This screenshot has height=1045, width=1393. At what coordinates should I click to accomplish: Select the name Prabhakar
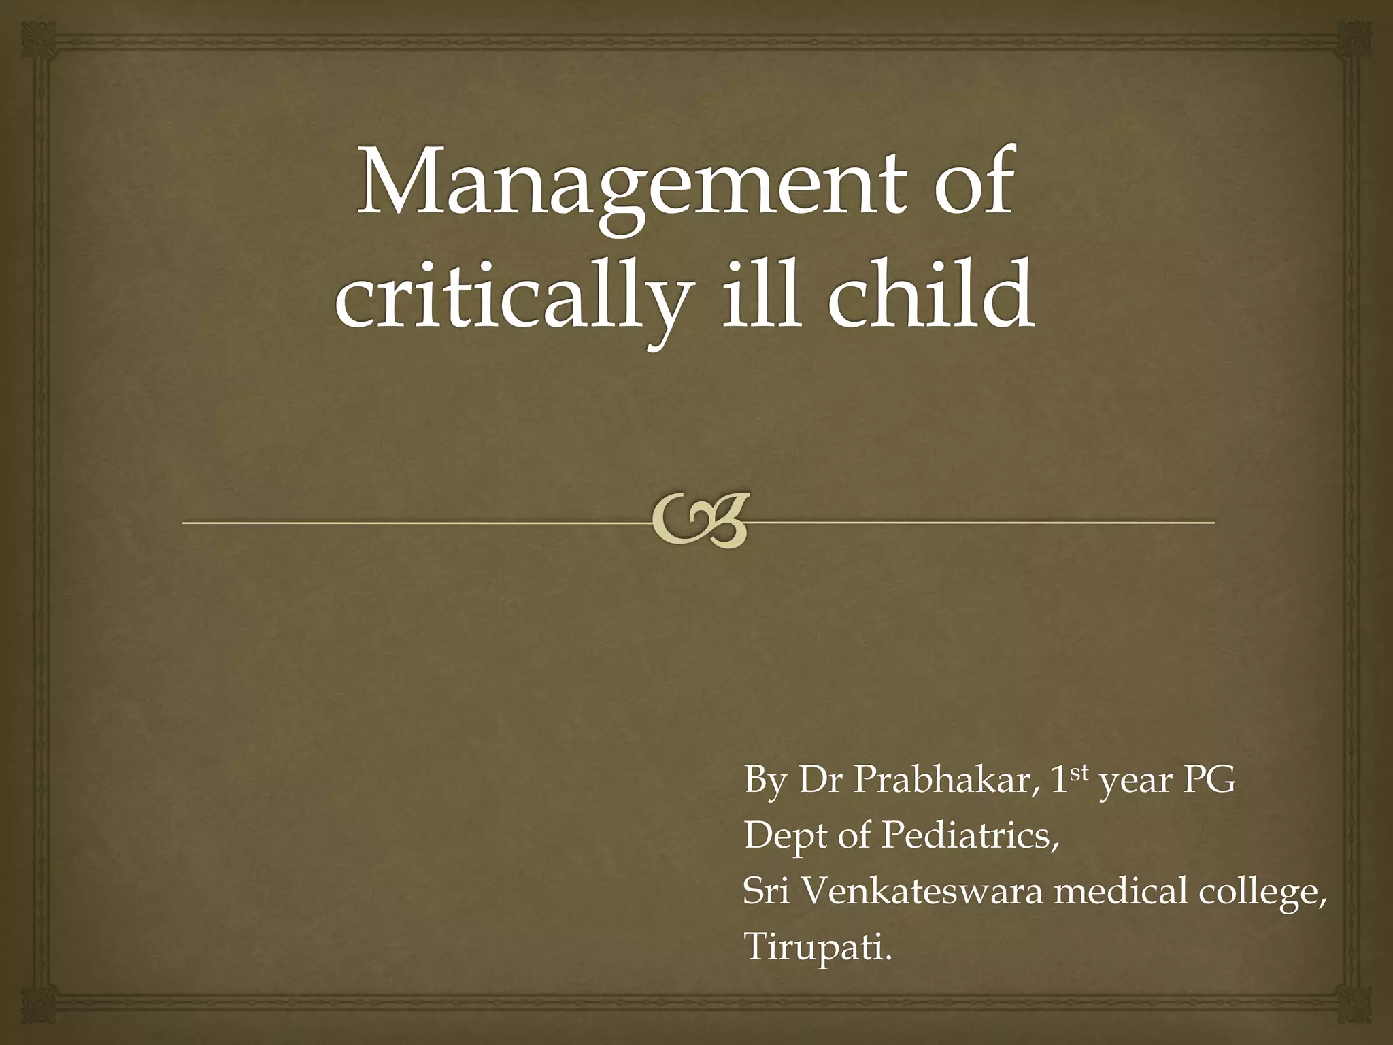coord(941,780)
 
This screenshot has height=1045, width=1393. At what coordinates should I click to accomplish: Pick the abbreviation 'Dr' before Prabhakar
coord(820,780)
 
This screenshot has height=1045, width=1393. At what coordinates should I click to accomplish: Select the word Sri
coord(766,891)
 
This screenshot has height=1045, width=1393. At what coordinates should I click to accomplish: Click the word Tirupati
coord(817,946)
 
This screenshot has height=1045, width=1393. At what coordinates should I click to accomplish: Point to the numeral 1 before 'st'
coord(1058,780)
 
